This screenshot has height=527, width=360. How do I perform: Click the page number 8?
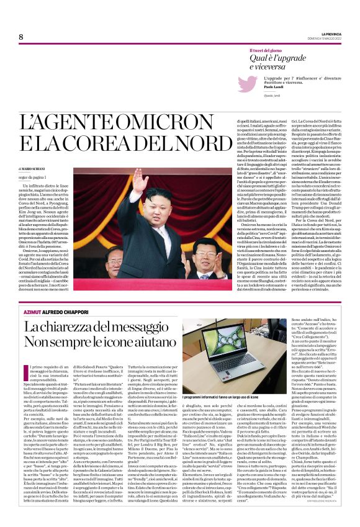(20, 37)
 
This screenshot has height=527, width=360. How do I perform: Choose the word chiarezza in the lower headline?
(74, 328)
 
